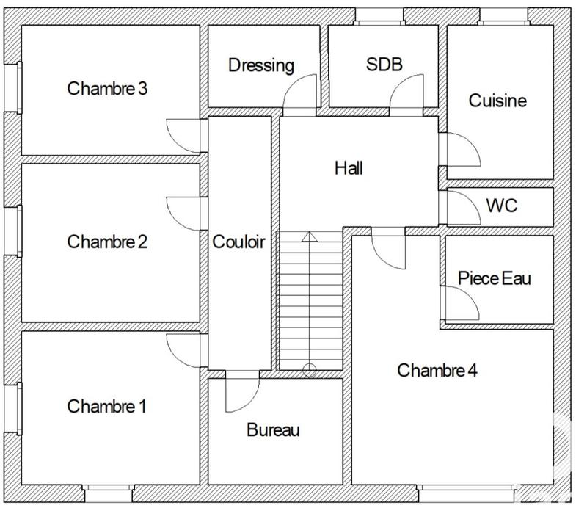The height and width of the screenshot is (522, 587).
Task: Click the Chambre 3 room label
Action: coord(107,89)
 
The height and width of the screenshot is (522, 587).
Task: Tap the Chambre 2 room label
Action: coord(107,242)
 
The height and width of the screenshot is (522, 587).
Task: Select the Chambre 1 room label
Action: coord(107,406)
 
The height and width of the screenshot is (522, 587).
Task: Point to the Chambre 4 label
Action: coord(437,370)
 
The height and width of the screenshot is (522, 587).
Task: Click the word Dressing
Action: coord(261,65)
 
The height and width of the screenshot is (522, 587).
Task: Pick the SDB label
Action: coord(384,65)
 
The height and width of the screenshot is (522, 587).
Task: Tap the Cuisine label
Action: coord(497,100)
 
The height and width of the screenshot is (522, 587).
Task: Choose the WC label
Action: coord(501,206)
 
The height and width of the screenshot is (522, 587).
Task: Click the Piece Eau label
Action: coord(494,278)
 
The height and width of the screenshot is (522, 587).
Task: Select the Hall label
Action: coord(349,168)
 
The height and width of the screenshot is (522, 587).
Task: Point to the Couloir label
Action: coord(238,242)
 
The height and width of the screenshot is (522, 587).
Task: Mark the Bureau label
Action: coord(273,430)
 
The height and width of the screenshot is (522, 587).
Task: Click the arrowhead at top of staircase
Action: coord(310,236)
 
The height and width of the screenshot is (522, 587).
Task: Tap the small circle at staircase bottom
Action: coord(310,371)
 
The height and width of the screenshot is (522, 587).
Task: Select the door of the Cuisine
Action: coord(458,150)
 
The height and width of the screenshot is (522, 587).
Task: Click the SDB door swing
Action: coord(406,95)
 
